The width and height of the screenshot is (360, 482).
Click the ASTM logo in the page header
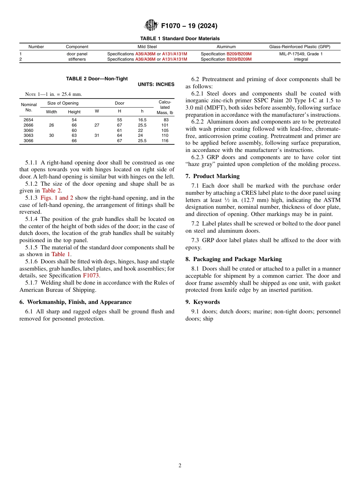click(152, 26)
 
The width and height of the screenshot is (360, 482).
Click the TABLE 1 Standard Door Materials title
click(180, 39)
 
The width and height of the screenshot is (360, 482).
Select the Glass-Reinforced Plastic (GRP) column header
click(299, 47)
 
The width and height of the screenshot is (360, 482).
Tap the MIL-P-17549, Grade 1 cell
click(301, 54)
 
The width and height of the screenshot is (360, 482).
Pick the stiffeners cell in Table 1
click(77, 59)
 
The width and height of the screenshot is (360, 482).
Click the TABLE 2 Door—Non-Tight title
click(97, 79)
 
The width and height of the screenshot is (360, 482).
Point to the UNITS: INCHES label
click(156, 85)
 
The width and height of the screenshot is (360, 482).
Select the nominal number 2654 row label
click(28, 120)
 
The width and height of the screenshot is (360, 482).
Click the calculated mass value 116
click(164, 141)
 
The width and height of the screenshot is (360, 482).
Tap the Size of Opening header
click(63, 103)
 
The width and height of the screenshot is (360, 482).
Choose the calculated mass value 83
click(166, 120)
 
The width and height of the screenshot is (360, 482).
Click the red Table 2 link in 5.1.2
click(51, 191)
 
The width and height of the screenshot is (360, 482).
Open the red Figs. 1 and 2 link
click(56, 198)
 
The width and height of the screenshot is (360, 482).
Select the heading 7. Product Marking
click(212, 176)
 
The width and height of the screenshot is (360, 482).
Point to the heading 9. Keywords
click(202, 302)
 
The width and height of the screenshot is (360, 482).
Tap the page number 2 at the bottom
click(180, 466)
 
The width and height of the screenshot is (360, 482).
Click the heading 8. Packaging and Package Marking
click(233, 259)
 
